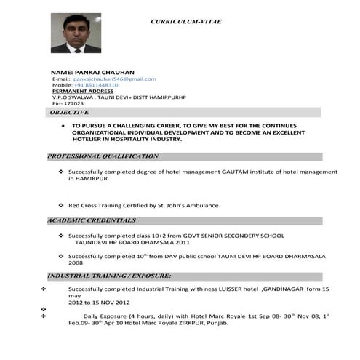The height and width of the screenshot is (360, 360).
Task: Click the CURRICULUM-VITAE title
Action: pyautogui.click(x=185, y=22)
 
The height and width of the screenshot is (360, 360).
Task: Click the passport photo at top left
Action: pyautogui.click(x=76, y=33)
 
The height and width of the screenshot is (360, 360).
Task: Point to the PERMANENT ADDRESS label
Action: pyautogui.click(x=79, y=91)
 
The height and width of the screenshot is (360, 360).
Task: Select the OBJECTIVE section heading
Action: pyautogui.click(x=69, y=113)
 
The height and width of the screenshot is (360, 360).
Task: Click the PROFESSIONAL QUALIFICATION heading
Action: pyautogui.click(x=103, y=156)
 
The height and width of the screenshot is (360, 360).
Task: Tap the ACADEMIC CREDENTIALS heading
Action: pyautogui.click(x=92, y=220)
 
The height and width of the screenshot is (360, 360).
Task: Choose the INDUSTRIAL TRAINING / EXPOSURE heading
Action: pyautogui.click(x=110, y=276)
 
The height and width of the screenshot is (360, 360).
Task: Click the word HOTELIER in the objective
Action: pyautogui.click(x=87, y=140)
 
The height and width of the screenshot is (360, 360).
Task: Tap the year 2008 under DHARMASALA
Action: pyautogui.click(x=76, y=263)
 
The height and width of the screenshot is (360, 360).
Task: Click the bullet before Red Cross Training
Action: pyautogui.click(x=60, y=206)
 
